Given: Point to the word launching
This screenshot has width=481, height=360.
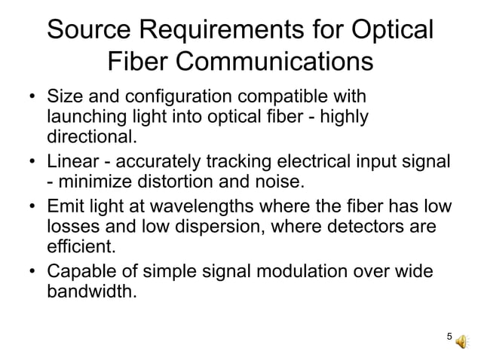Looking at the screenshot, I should [x=83, y=118].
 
